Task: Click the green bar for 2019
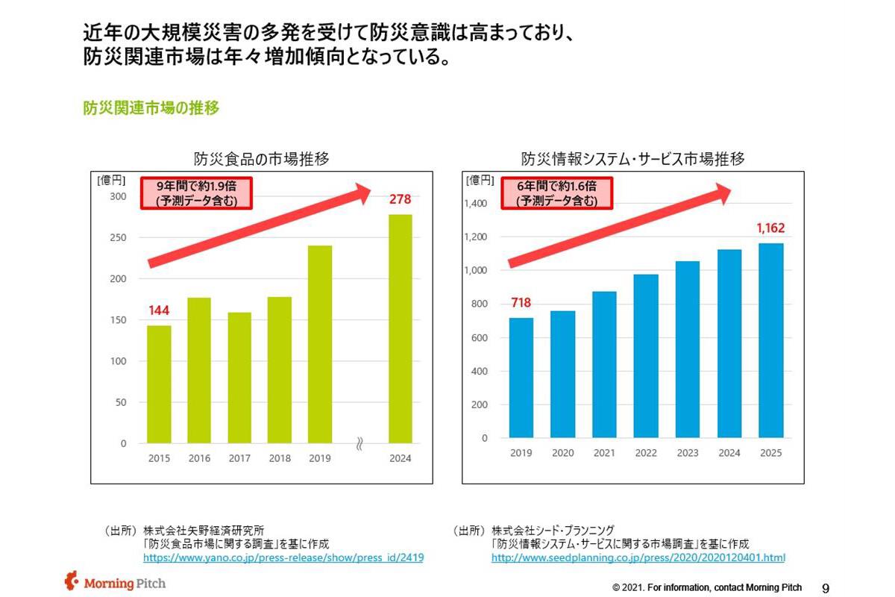[x=320, y=344]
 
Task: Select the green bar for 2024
[x=401, y=328]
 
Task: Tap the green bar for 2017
[x=239, y=377]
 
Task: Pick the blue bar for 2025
[x=771, y=340]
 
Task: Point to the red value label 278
[x=401, y=200]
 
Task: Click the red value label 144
[x=159, y=310]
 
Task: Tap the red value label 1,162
[x=771, y=228]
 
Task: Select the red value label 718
[x=521, y=303]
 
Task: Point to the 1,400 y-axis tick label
[x=475, y=204]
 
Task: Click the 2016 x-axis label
[x=199, y=459]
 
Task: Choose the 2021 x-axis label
[x=604, y=453]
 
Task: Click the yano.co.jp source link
[x=283, y=557]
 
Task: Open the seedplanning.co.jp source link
[x=638, y=557]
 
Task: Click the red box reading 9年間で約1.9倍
[x=196, y=193]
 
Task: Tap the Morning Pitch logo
[x=116, y=582]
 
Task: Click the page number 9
[x=826, y=587]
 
